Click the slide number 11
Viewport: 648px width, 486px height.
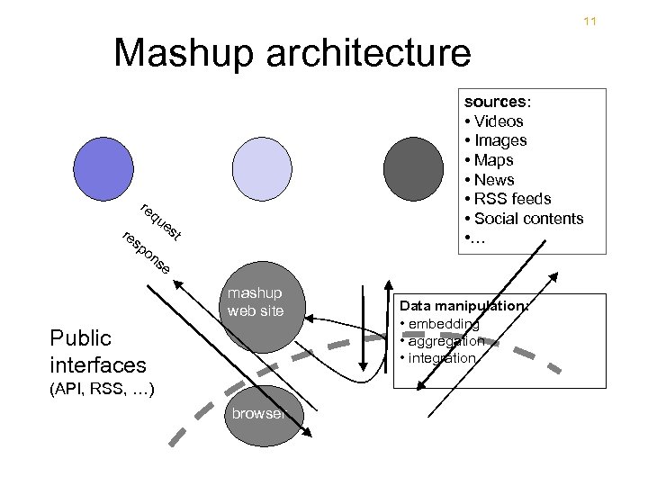tap(590, 21)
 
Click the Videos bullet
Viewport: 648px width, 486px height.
tap(494, 121)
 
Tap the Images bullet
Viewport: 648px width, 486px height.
tap(496, 140)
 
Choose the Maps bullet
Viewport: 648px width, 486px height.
tap(490, 160)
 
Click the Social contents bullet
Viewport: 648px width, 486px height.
tap(524, 219)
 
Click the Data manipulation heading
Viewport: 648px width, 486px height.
tap(463, 307)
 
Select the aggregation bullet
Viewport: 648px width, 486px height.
tap(445, 341)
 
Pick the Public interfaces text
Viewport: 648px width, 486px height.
tap(98, 352)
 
